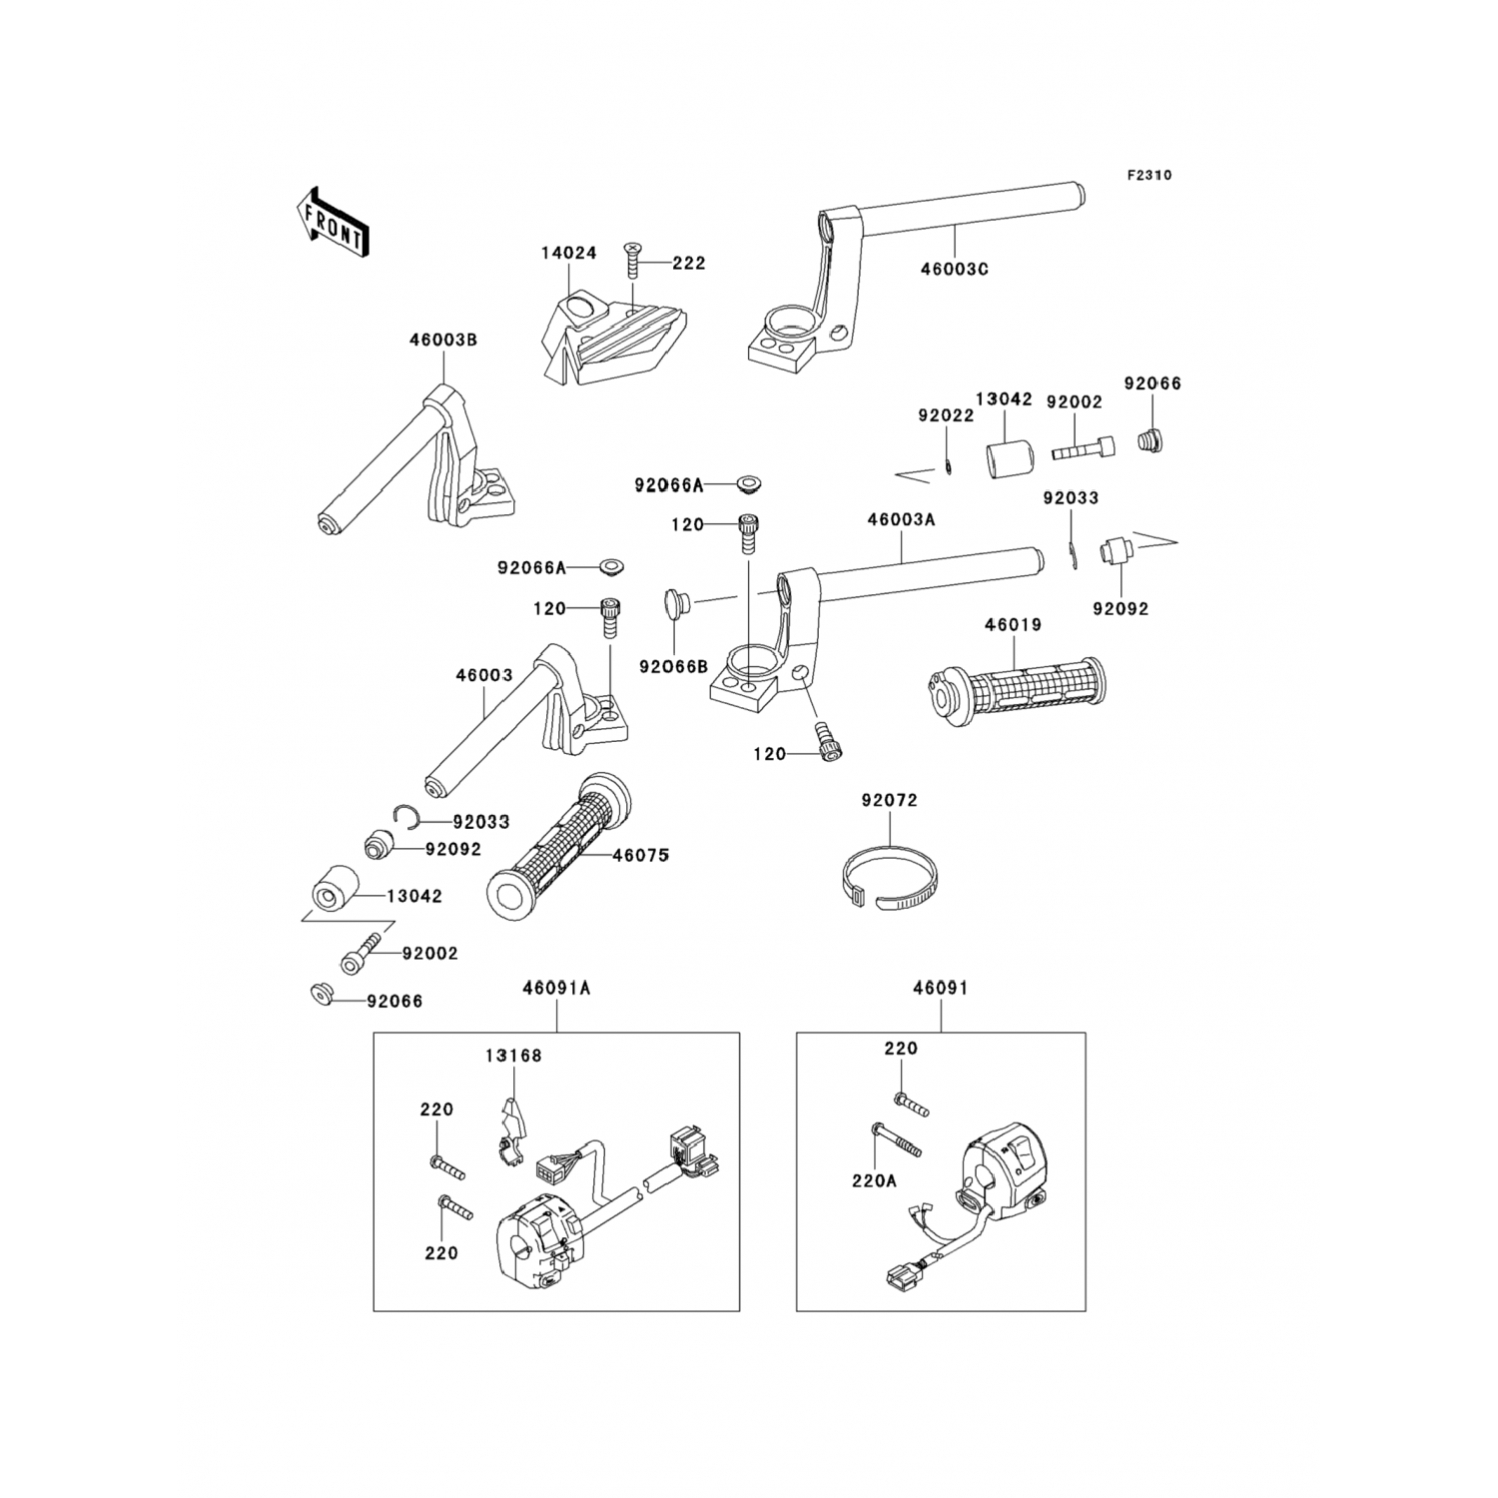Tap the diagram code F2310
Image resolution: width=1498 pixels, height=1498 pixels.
pyautogui.click(x=1148, y=176)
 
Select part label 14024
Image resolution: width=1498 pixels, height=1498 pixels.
pyautogui.click(x=568, y=254)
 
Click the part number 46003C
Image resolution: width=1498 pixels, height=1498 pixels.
pyautogui.click(x=954, y=270)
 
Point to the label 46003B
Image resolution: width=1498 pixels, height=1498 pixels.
pyautogui.click(x=442, y=341)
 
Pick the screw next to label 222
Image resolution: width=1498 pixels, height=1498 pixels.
pyautogui.click(x=631, y=263)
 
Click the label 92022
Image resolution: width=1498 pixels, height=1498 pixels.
pyautogui.click(x=945, y=416)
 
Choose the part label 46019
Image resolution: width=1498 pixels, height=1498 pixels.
pyautogui.click(x=1012, y=625)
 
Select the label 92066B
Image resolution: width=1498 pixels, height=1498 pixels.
pyautogui.click(x=673, y=666)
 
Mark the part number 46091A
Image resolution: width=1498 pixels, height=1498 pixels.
pyautogui.click(x=556, y=989)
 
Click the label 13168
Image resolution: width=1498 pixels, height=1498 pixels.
pyautogui.click(x=513, y=1056)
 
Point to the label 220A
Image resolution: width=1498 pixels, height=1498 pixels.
pyautogui.click(x=875, y=1181)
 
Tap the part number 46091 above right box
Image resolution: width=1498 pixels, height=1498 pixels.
pyautogui.click(x=940, y=989)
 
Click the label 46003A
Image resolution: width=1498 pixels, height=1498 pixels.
pyautogui.click(x=901, y=520)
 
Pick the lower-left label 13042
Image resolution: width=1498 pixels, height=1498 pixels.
pyautogui.click(x=413, y=897)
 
